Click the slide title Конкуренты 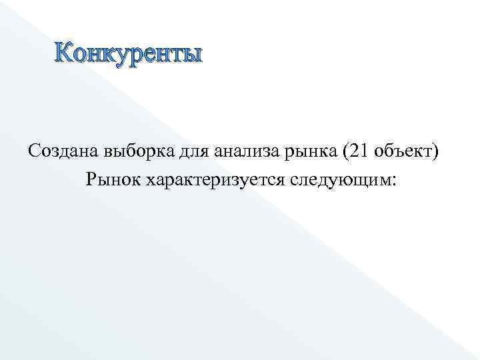[127, 53]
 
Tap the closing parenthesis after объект [436, 152]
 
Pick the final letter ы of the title [190, 54]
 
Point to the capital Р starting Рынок [91, 179]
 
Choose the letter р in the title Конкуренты [133, 55]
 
